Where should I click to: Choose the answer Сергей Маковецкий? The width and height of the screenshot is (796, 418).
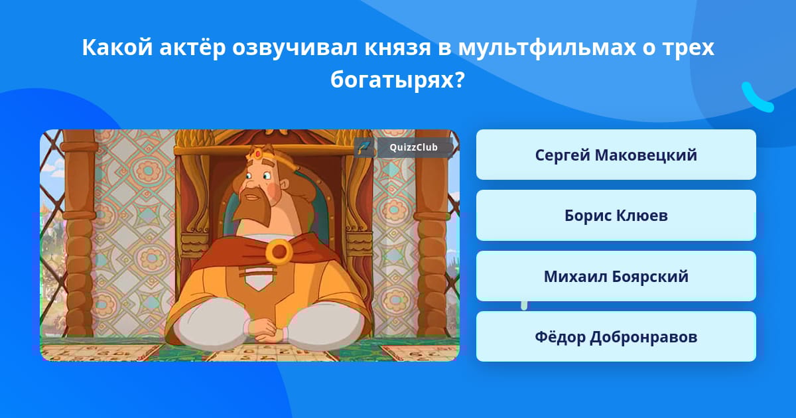pos(616,155)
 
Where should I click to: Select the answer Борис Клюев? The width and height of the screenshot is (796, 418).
pos(616,216)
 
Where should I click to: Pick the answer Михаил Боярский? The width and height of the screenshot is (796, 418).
pos(616,276)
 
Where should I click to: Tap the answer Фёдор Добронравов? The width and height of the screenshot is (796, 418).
pos(616,336)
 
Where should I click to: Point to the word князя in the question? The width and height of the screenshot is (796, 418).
pos(397,48)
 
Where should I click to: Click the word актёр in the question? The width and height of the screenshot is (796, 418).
pos(192,47)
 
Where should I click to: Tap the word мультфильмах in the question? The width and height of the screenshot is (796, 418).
pos(547,48)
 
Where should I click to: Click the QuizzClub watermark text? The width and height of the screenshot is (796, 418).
pos(413,147)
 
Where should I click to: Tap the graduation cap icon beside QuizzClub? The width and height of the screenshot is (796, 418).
pos(364,147)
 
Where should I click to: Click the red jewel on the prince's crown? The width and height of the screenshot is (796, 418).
pos(258,154)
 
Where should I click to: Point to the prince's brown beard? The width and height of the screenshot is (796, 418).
pos(252,208)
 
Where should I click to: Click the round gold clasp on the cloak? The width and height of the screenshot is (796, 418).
pos(279,251)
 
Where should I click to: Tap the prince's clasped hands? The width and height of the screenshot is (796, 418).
pos(265,330)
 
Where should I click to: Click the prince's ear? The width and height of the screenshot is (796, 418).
pos(284,184)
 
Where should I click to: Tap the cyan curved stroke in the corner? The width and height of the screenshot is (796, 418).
pos(756,98)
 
